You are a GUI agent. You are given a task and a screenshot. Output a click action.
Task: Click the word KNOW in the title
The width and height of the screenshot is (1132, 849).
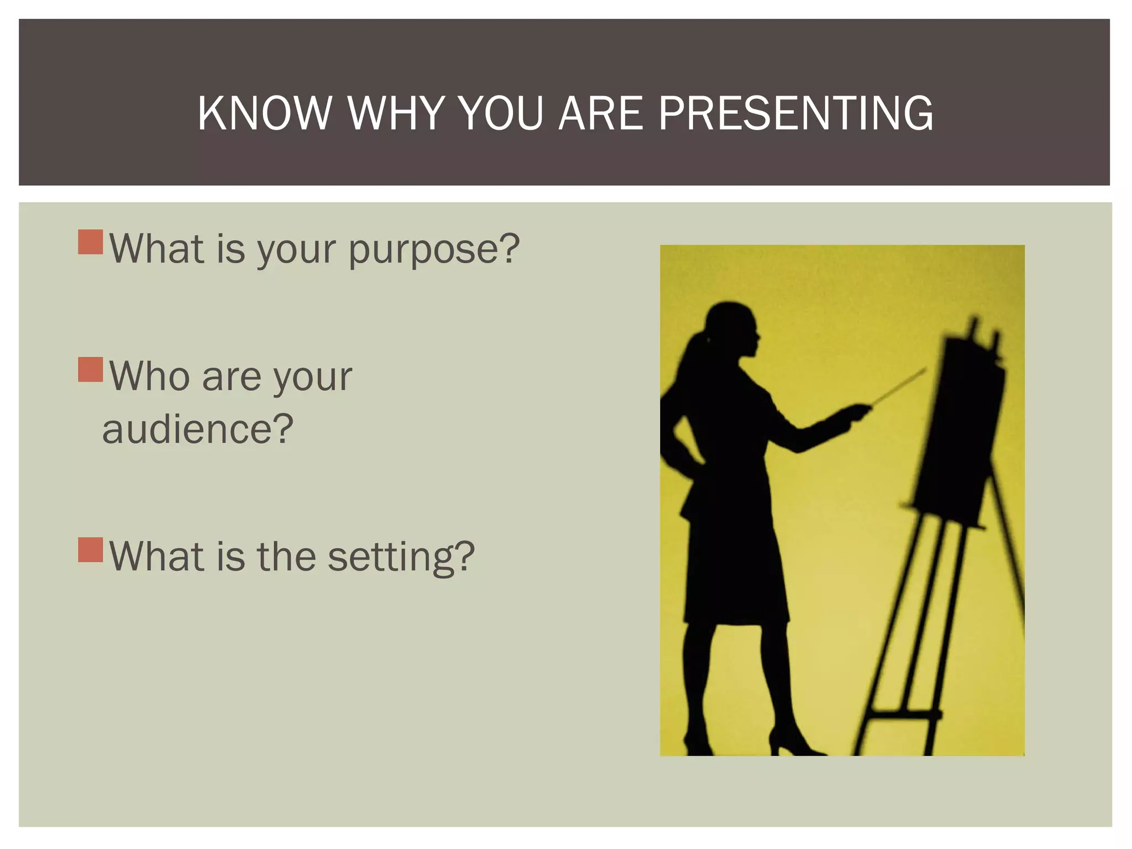click(x=264, y=113)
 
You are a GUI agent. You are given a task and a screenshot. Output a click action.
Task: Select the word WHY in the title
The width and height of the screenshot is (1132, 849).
click(x=396, y=113)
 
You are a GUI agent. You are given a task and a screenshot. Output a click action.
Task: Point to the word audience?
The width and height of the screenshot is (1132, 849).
click(x=197, y=429)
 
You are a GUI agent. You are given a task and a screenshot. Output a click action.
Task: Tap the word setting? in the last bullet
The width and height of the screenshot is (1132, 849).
click(x=401, y=556)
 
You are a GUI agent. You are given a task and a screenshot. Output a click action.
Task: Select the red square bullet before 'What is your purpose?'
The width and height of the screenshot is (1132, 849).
click(x=91, y=242)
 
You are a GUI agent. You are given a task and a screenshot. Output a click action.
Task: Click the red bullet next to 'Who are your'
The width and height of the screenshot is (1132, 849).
click(x=91, y=370)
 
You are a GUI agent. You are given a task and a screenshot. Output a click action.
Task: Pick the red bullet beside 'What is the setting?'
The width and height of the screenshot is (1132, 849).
click(x=91, y=549)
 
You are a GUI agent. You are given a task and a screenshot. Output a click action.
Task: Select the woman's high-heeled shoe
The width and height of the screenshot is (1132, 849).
click(x=790, y=743)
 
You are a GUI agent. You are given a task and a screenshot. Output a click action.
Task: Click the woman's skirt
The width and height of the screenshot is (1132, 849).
click(x=730, y=569)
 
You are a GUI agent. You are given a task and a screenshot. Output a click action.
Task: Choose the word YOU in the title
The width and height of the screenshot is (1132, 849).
click(x=500, y=113)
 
